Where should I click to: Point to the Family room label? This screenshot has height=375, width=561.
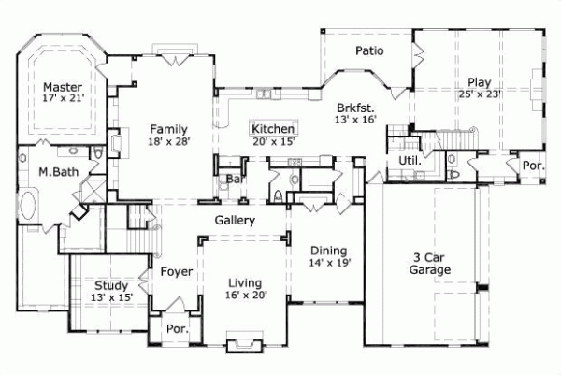click(x=169, y=129)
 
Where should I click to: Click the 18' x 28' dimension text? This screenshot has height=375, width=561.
click(x=169, y=142)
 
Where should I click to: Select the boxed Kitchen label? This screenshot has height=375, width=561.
click(x=274, y=128)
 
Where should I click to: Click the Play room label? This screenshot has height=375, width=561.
click(x=473, y=81)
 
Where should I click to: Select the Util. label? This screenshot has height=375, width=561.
click(x=410, y=160)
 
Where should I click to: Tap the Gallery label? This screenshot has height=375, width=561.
click(x=236, y=221)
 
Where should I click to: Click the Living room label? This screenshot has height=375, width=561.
click(x=243, y=282)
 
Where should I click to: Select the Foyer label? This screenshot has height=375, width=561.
click(x=176, y=272)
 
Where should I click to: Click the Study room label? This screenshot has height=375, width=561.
click(x=112, y=285)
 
